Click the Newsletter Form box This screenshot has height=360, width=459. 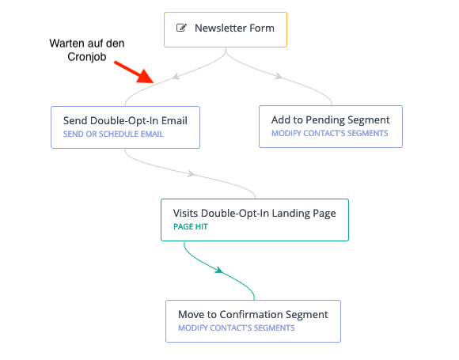point(226,29)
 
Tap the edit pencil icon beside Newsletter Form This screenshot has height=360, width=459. point(181,28)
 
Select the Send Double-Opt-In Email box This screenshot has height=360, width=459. point(125,127)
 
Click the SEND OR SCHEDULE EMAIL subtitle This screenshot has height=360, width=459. point(113,134)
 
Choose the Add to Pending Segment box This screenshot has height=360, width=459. point(331,127)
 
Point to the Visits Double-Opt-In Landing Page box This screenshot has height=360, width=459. point(255,220)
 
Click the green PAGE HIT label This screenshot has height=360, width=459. point(191,226)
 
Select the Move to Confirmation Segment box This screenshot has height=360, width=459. point(253,321)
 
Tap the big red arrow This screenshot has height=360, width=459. point(134,72)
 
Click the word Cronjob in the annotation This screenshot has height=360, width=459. point(86,57)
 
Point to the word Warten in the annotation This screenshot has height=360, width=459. point(66,44)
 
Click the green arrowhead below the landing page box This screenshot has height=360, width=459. point(219,270)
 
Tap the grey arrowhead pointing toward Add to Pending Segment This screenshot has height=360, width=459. point(279,76)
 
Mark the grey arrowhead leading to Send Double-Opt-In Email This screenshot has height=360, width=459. point(176,77)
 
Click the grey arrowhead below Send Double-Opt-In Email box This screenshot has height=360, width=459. point(192,174)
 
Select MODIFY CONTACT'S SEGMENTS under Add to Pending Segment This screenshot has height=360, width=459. point(330,133)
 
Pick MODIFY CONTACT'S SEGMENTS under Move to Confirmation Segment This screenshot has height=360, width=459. point(237,328)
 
